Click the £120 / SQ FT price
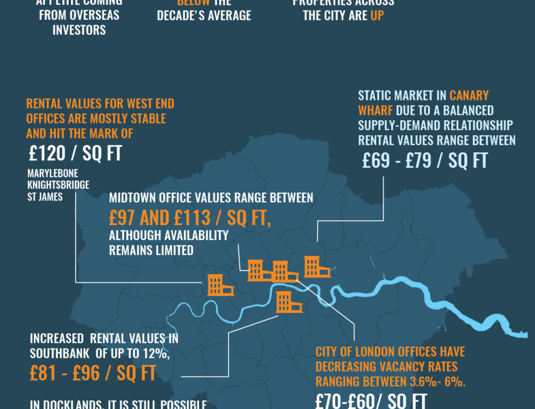pos(75,154)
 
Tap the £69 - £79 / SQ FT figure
pos(425,161)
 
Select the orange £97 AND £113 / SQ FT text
pos(189,218)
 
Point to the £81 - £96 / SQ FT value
pos(93,373)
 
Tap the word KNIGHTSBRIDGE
pos(58,186)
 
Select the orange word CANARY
pos(469,96)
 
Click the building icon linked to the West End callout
pos(220,284)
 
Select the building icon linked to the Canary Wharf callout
pos(317,266)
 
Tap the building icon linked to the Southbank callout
pos(289,302)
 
